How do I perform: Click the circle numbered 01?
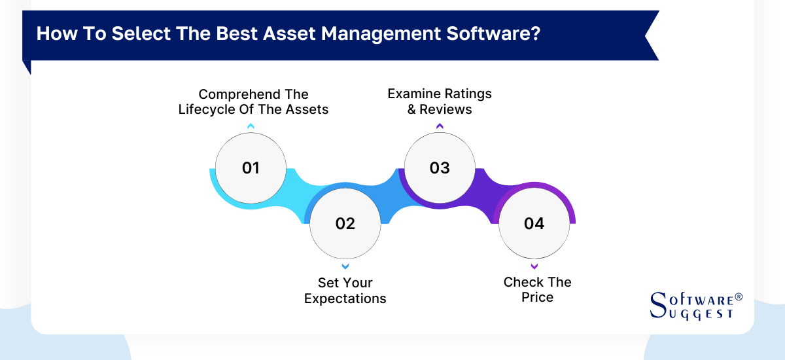click(x=251, y=168)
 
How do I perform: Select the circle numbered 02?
click(x=345, y=223)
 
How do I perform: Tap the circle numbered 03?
click(x=440, y=168)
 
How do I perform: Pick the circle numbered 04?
click(x=534, y=223)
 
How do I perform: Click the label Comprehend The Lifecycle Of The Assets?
click(x=253, y=101)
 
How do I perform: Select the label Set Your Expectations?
click(x=345, y=291)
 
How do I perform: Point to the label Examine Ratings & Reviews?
click(x=440, y=101)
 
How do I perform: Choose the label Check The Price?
click(x=537, y=289)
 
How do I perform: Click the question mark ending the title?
click(x=536, y=34)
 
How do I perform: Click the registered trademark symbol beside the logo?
click(x=739, y=297)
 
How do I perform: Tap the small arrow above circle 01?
click(x=251, y=126)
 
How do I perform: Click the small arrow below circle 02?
click(x=345, y=266)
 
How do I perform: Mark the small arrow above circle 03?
click(x=440, y=126)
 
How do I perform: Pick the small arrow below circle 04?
click(x=534, y=266)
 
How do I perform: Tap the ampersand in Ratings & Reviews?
click(x=412, y=109)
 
